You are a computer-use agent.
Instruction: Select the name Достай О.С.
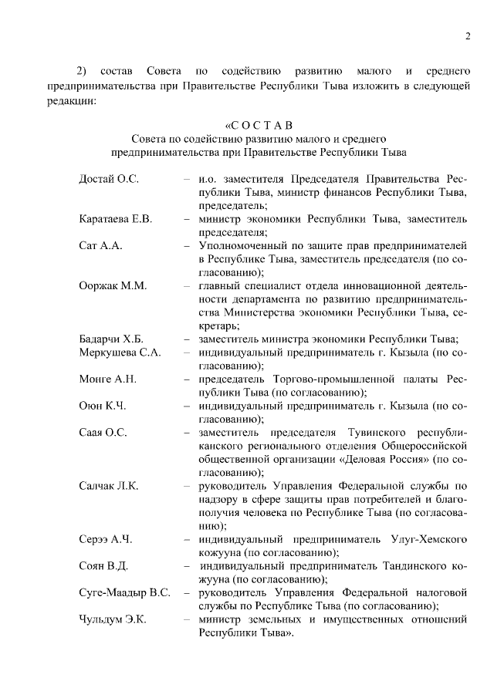[x=109, y=179]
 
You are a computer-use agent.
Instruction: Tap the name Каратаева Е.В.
[x=116, y=219]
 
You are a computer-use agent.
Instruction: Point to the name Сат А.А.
[x=101, y=245]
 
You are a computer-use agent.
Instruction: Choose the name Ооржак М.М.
[x=113, y=285]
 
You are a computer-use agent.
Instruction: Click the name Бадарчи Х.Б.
[x=111, y=339]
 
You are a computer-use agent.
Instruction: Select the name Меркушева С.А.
[x=120, y=352]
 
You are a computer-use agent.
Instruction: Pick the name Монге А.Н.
[x=107, y=379]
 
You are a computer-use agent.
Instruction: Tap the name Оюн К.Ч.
[x=102, y=406]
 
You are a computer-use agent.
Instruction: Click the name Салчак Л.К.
[x=109, y=486]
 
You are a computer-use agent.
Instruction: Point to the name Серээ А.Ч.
[x=107, y=539]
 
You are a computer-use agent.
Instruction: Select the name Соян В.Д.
[x=103, y=566]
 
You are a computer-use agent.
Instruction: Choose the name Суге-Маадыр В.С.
[x=124, y=593]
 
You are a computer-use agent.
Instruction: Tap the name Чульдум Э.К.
[x=113, y=619]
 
